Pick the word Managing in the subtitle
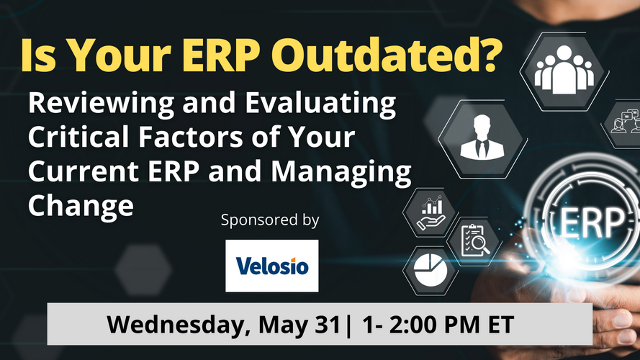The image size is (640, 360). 341,172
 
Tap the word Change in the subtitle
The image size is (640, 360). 81,206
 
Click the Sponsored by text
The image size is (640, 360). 270,220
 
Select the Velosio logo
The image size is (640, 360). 272,266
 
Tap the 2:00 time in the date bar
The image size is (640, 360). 414,325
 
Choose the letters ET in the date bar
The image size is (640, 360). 500,325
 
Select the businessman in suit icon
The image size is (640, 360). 482,137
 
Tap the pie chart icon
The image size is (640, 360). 431,270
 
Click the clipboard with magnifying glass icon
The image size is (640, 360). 474,240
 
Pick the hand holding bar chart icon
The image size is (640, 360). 431,212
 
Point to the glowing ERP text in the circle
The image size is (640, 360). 592,223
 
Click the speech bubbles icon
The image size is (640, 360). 626,121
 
